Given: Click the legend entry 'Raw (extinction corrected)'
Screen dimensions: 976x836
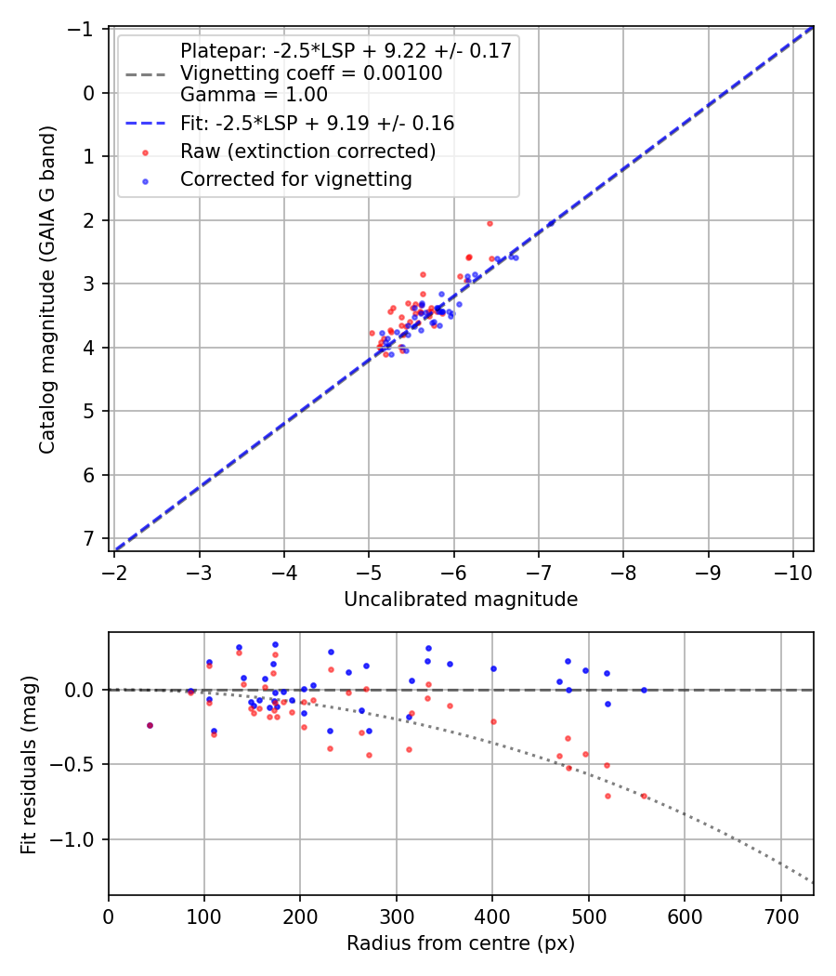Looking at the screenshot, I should [x=308, y=151].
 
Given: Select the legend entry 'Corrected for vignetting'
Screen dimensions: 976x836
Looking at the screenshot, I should [x=296, y=179].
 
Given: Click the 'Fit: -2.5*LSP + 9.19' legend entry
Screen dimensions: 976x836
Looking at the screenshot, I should [x=317, y=123].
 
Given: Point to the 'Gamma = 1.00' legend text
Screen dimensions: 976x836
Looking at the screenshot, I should [x=254, y=94].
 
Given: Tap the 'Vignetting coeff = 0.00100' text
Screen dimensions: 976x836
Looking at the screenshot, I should [x=311, y=73].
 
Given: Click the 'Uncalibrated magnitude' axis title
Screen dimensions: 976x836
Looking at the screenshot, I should [x=461, y=600].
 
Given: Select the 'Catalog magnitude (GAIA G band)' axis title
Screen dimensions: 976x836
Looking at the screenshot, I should [x=48, y=289].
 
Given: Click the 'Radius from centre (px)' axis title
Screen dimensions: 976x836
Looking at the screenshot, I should [x=461, y=943].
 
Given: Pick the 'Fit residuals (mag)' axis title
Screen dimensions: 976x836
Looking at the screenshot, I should [x=29, y=763].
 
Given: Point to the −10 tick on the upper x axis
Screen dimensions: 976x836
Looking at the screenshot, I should [x=792, y=569].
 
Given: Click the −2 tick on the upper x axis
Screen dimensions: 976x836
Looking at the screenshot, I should [x=115, y=569].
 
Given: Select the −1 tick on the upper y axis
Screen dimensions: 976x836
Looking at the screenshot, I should [x=85, y=30].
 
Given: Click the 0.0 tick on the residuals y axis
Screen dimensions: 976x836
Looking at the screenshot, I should [x=80, y=690].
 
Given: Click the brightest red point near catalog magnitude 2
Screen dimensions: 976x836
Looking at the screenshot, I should [x=490, y=223].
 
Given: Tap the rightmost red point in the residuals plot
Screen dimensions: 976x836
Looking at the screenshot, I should [x=644, y=796].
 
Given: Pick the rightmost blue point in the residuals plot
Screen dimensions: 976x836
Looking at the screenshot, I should [x=644, y=690].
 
